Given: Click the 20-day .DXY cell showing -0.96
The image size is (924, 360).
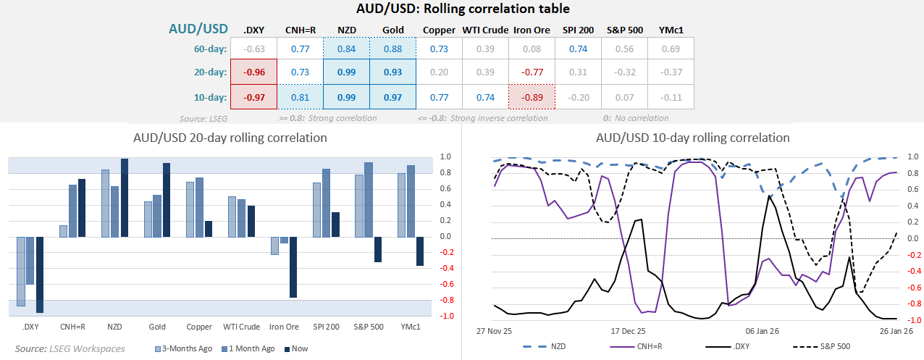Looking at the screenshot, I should tap(253, 72).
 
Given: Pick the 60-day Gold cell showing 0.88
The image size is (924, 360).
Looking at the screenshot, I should tap(392, 49).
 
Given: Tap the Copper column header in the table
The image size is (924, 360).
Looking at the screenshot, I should tap(439, 30).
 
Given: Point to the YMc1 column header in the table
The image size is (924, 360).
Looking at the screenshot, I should tap(671, 30).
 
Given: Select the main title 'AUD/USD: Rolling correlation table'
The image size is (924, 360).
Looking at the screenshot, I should tap(463, 9).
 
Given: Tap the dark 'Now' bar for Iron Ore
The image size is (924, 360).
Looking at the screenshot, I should tap(293, 267).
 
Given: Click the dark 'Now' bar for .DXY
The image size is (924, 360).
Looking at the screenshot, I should tap(39, 275).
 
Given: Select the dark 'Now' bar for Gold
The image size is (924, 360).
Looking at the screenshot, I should tap(167, 200).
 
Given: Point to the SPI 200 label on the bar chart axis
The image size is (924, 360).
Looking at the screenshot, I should tap(327, 327).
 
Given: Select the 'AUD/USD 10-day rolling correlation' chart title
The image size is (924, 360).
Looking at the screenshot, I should tap(692, 138).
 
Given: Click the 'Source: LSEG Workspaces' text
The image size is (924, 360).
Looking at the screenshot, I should tap(70, 348).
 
